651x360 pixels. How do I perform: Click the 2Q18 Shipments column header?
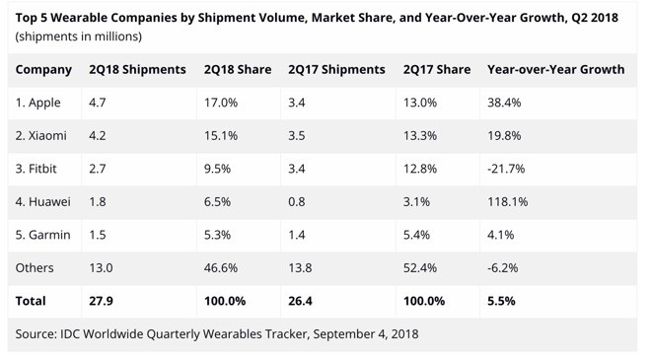(137, 70)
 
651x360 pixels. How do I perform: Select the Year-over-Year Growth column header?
(555, 70)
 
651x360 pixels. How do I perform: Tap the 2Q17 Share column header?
(436, 70)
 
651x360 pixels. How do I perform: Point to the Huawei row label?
(42, 201)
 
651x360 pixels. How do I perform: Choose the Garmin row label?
(41, 235)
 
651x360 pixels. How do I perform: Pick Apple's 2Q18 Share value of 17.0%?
(220, 103)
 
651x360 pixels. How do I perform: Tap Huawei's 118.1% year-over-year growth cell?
(508, 201)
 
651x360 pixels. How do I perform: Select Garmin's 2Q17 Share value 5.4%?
(418, 235)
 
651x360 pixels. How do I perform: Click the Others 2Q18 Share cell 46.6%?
(221, 267)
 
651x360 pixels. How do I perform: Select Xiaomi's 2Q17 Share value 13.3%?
(421, 135)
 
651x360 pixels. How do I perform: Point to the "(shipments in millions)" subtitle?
(78, 36)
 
